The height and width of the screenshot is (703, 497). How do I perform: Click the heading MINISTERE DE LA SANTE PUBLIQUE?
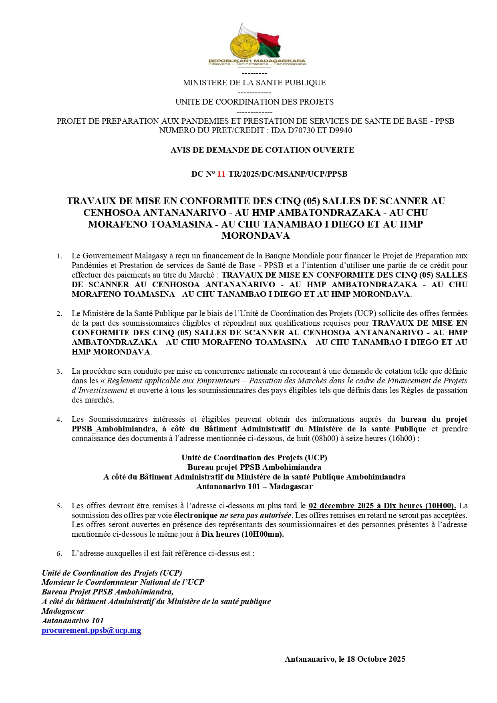click(254, 83)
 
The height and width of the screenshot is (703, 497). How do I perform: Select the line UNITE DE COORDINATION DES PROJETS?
click(254, 102)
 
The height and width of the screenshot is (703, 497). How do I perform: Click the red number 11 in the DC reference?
click(221, 174)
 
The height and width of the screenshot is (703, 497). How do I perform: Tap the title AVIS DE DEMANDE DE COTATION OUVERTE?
click(262, 150)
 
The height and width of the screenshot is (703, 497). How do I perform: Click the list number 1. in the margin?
click(59, 256)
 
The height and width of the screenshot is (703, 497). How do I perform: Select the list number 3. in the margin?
click(59, 371)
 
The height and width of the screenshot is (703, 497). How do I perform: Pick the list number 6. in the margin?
click(59, 554)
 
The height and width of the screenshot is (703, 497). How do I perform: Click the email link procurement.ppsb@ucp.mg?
click(91, 630)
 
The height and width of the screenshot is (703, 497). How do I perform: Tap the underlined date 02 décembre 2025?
click(341, 506)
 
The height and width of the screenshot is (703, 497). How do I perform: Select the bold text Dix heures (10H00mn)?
click(242, 534)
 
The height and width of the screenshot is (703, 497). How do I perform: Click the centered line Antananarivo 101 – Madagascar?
click(254, 486)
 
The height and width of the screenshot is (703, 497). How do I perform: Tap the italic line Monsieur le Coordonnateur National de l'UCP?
click(123, 582)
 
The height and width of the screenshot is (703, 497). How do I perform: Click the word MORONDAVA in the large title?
click(256, 236)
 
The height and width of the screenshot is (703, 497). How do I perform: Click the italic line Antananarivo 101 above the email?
click(72, 620)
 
